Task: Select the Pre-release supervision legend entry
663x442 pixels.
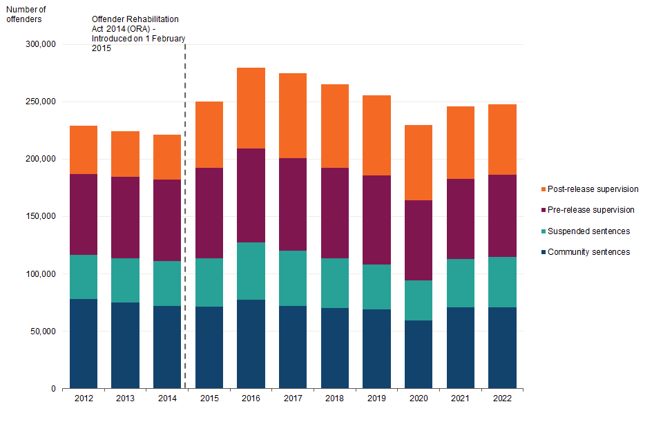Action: (x=588, y=210)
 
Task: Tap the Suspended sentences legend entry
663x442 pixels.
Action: (x=586, y=231)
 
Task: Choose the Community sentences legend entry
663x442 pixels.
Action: (x=586, y=252)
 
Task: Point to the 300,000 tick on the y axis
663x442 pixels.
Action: (x=41, y=44)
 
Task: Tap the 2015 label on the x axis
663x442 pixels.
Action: (x=209, y=398)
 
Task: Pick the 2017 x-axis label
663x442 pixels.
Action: (x=293, y=398)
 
